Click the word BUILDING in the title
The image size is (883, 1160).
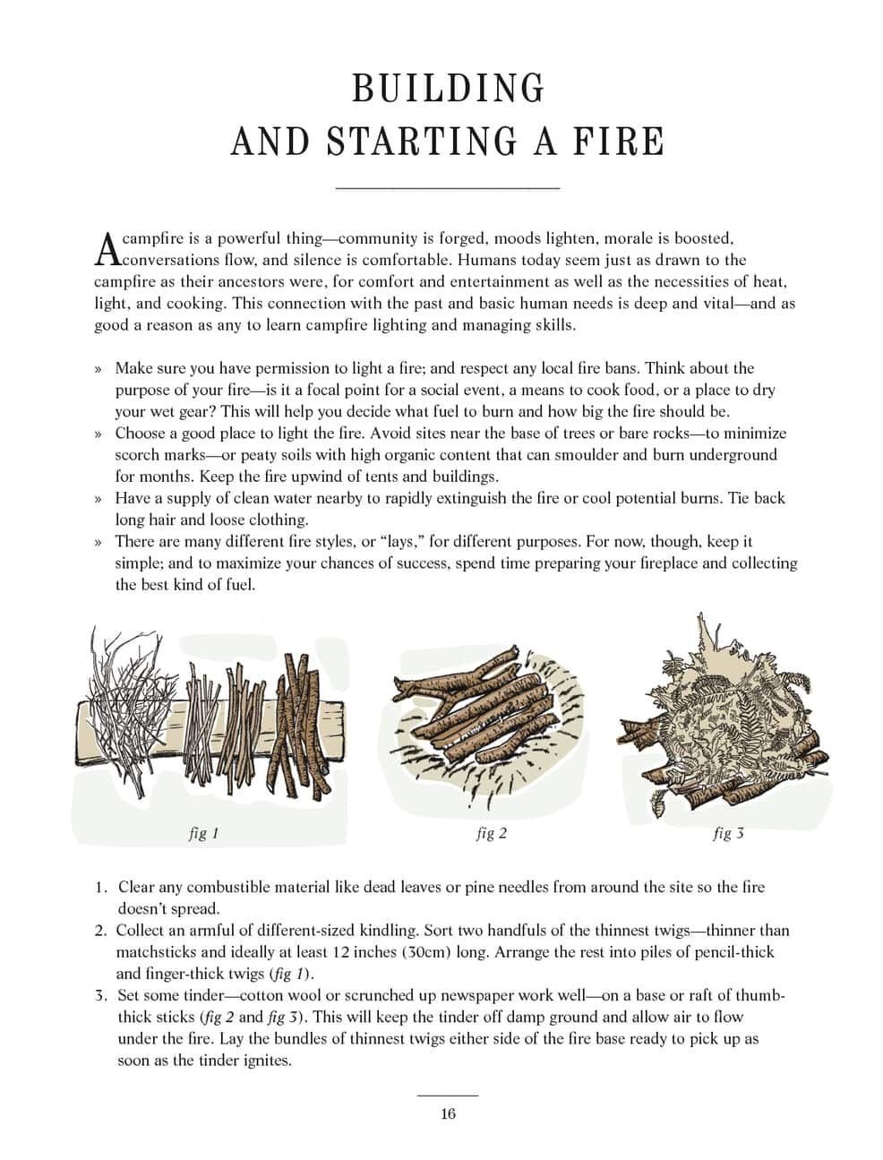click(x=448, y=89)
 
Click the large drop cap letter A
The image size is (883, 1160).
click(x=106, y=249)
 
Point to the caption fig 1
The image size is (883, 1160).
click(x=203, y=833)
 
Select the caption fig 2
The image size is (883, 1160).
click(x=491, y=833)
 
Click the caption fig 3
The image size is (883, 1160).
click(x=728, y=833)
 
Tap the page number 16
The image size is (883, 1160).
click(x=448, y=1114)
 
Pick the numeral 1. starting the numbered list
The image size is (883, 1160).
click(x=101, y=888)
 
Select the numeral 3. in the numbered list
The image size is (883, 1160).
click(x=101, y=995)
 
